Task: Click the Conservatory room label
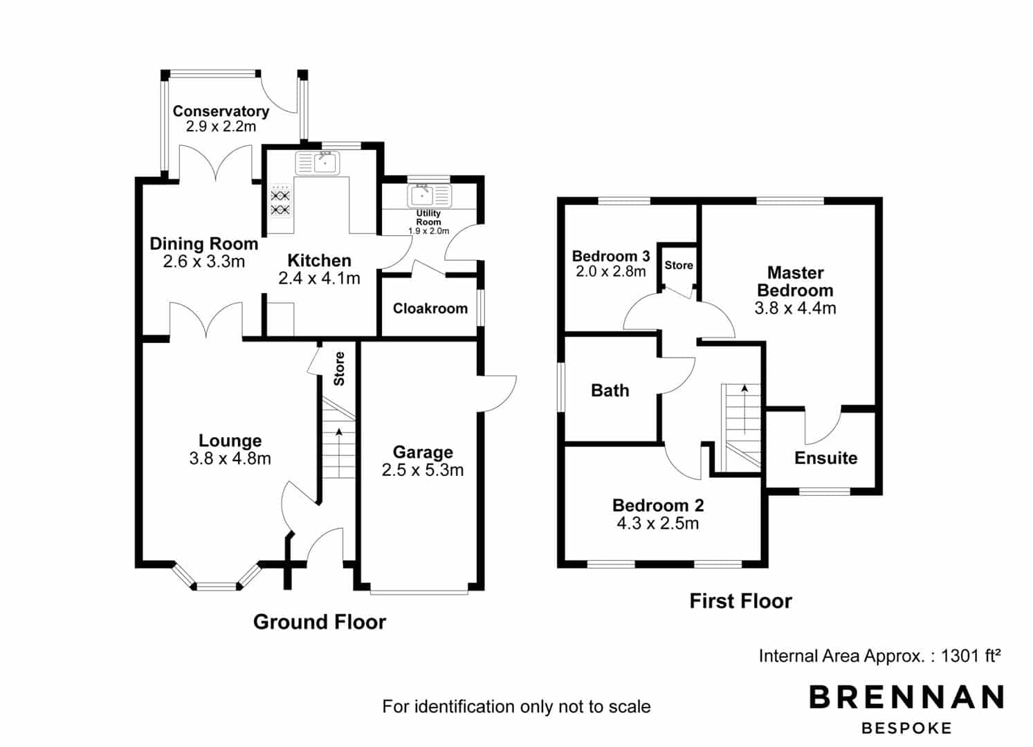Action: pyautogui.click(x=221, y=111)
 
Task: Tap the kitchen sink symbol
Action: pyautogui.click(x=318, y=163)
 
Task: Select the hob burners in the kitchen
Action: pyautogui.click(x=280, y=203)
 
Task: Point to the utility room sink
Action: pyautogui.click(x=429, y=196)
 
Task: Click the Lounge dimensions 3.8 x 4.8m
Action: pyautogui.click(x=230, y=459)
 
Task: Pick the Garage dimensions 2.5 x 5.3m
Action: pyautogui.click(x=423, y=470)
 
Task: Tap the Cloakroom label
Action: pyautogui.click(x=430, y=308)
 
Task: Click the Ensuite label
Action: pyautogui.click(x=826, y=458)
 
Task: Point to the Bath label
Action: pyautogui.click(x=610, y=391)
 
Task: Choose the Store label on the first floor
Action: pyautogui.click(x=679, y=265)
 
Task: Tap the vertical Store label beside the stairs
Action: pyautogui.click(x=339, y=369)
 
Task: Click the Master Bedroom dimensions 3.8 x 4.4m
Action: pyautogui.click(x=796, y=308)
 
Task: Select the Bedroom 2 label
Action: pyautogui.click(x=658, y=506)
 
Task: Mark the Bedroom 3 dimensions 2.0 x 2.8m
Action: pyautogui.click(x=610, y=271)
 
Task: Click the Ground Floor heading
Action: pyautogui.click(x=320, y=622)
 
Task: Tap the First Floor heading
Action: pyautogui.click(x=740, y=601)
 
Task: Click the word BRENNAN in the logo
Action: pyautogui.click(x=906, y=697)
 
